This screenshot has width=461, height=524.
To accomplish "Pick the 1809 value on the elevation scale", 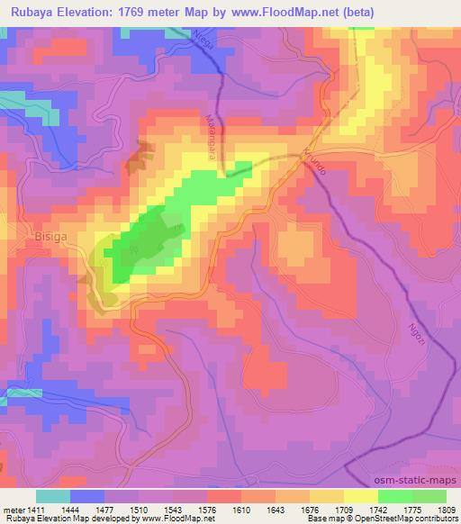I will (446, 509).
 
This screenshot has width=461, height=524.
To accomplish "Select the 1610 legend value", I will (240, 509).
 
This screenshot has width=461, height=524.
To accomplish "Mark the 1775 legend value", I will (411, 509).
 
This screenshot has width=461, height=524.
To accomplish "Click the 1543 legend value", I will (172, 509).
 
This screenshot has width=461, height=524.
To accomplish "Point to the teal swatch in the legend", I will (53, 495).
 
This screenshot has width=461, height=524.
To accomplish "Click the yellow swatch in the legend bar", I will (360, 495).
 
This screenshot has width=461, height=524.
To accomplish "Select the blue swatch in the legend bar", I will (87, 495).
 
